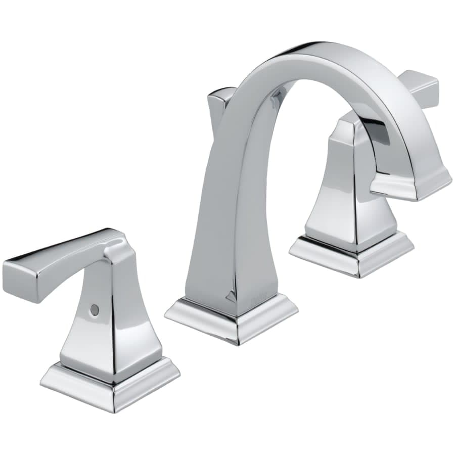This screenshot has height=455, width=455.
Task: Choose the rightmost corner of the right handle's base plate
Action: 413,243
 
